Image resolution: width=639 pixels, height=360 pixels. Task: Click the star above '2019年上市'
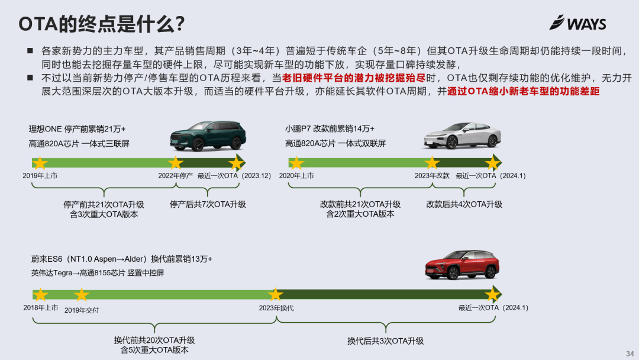pyautogui.click(x=40, y=163)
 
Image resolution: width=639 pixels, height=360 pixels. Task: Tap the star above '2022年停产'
pyautogui.click(x=176, y=163)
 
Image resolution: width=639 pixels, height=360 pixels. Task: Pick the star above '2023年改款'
pyautogui.click(x=433, y=163)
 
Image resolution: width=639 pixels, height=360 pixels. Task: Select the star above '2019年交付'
pyautogui.click(x=81, y=295)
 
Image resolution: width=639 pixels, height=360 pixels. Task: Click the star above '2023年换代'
pyautogui.click(x=275, y=295)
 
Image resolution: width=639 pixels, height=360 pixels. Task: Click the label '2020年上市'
pyautogui.click(x=296, y=176)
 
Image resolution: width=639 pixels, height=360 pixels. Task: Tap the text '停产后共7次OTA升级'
pyautogui.click(x=208, y=204)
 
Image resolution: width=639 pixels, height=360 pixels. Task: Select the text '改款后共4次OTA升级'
pyautogui.click(x=464, y=204)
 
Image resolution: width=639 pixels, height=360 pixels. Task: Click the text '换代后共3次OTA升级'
pyautogui.click(x=385, y=341)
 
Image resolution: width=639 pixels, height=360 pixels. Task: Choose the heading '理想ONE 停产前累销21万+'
pyautogui.click(x=78, y=128)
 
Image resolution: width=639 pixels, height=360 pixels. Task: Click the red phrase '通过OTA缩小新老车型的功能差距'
pyautogui.click(x=524, y=92)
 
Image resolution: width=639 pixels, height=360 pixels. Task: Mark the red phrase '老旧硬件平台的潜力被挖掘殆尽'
pyautogui.click(x=354, y=78)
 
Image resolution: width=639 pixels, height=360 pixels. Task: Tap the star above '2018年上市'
pyautogui.click(x=40, y=295)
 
